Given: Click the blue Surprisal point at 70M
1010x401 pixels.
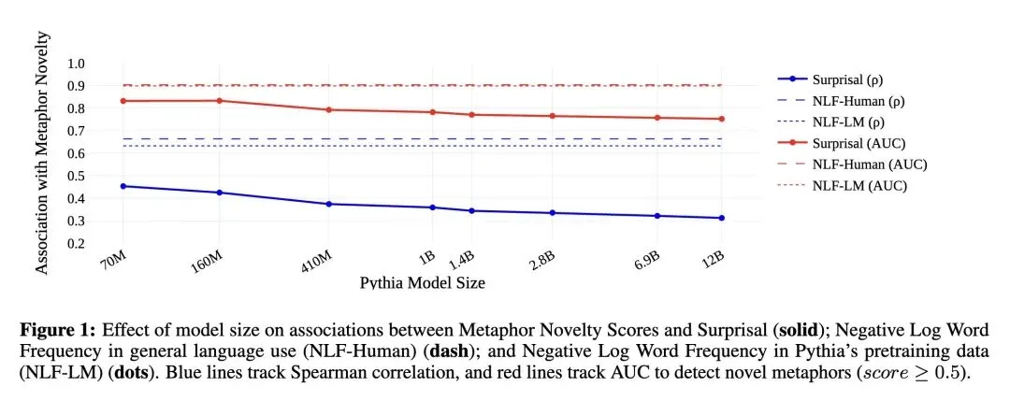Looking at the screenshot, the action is click(123, 186).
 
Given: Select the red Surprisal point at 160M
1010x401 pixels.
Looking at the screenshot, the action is click(220, 100).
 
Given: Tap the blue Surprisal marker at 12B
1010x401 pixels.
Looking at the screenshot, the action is click(721, 218).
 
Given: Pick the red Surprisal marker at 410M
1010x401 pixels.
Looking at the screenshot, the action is click(328, 110).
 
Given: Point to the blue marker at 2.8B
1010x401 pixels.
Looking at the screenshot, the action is click(552, 213).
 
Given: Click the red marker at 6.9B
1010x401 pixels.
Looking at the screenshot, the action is click(657, 118).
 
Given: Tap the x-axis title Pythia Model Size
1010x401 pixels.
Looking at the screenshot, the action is click(422, 282).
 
